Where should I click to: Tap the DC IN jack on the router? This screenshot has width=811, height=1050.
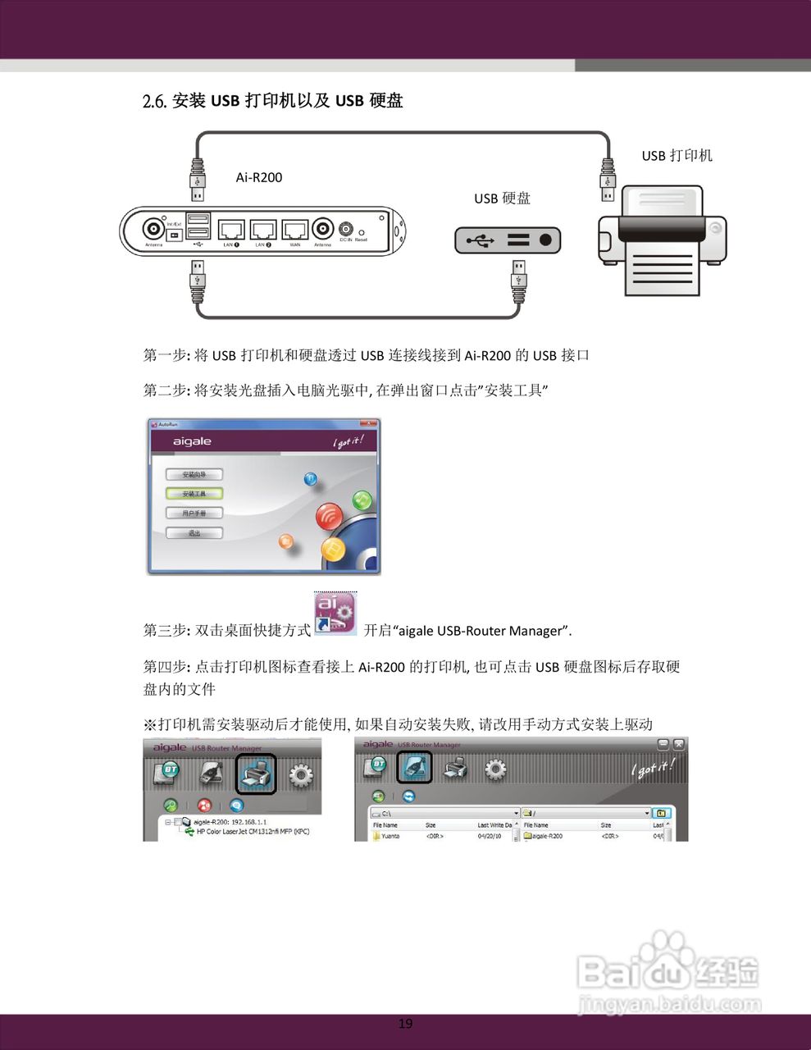point(346,229)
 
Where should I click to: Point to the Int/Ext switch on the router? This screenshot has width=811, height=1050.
point(174,234)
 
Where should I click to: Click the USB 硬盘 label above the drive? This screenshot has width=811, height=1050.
point(502,199)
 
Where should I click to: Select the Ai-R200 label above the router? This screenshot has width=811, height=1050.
point(259,177)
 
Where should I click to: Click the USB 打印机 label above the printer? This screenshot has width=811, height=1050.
point(677,156)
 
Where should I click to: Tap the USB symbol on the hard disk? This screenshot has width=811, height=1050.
point(480,240)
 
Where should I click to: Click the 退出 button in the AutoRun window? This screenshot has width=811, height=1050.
point(194,533)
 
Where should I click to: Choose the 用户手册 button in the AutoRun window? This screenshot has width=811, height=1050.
point(194,514)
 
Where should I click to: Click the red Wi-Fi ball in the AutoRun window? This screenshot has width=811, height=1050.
point(330,517)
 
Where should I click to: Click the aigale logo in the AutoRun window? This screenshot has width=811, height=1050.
point(192,441)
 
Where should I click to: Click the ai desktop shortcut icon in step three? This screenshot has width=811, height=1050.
point(335,614)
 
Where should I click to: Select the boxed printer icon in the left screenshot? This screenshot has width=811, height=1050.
point(256,774)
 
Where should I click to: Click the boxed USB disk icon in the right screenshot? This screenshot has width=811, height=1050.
point(415,768)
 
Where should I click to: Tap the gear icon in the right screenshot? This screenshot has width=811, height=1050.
point(495,769)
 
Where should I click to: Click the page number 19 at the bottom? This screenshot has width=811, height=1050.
point(405,1023)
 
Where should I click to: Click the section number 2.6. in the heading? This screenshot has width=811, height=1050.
point(155,101)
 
